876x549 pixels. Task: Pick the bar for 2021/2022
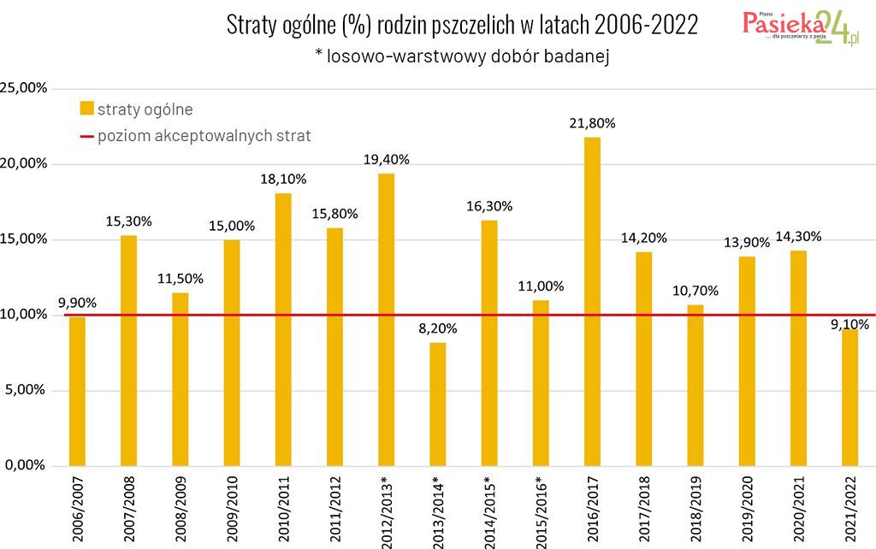(x=849, y=397)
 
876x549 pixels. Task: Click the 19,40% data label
(x=386, y=159)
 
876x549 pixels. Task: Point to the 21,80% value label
(x=592, y=123)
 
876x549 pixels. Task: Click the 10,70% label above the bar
(x=695, y=291)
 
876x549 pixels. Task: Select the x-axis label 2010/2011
(x=283, y=506)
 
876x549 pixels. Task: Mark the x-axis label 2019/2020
(x=747, y=506)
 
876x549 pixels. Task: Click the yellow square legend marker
(x=86, y=109)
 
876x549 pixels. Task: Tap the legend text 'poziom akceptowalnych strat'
(x=204, y=135)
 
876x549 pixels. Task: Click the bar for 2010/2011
(x=283, y=329)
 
